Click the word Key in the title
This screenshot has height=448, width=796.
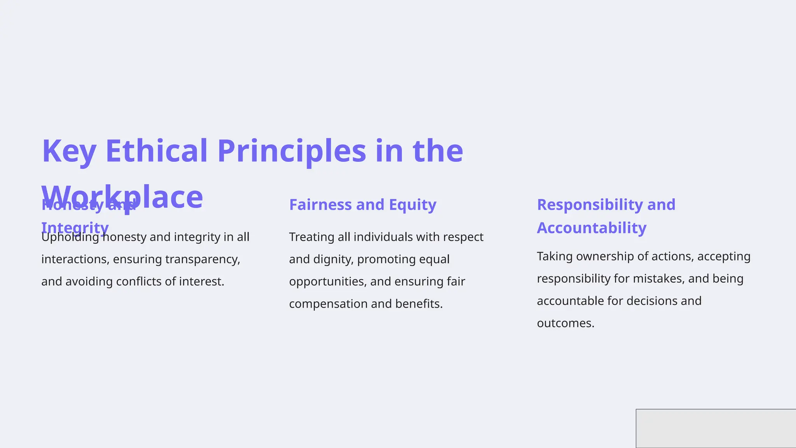pyautogui.click(x=69, y=151)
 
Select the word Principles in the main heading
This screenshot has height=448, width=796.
pyautogui.click(x=292, y=151)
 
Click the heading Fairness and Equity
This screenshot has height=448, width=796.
pyautogui.click(x=362, y=205)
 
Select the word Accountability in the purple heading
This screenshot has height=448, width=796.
pyautogui.click(x=591, y=228)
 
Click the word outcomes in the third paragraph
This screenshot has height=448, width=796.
pyautogui.click(x=565, y=323)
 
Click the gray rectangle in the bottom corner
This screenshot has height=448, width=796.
pyautogui.click(x=716, y=428)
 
